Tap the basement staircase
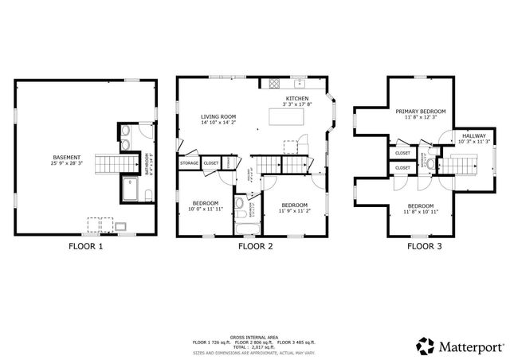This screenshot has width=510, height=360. (106, 165)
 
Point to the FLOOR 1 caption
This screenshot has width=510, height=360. (84, 247)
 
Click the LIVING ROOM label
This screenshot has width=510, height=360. (218, 116)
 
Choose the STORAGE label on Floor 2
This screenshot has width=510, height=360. (189, 163)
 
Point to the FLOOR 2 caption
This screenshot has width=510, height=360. (256, 247)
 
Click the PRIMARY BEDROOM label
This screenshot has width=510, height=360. (421, 111)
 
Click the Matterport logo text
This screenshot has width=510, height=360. (467, 345)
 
